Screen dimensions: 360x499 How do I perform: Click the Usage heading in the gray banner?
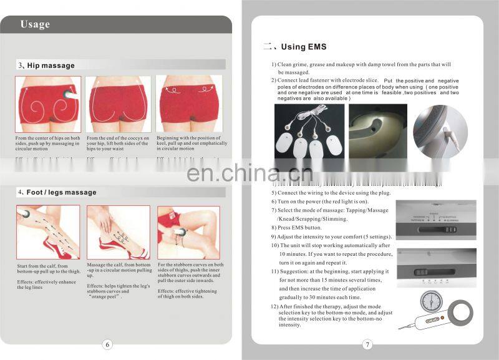(x=35, y=25)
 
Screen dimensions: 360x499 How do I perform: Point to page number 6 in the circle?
(x=107, y=344)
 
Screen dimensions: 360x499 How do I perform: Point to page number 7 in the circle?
(x=367, y=344)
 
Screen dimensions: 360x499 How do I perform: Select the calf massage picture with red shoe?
(x=48, y=232)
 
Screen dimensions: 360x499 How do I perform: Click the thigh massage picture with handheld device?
(x=188, y=232)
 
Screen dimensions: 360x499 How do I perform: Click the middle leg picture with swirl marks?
(x=118, y=232)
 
